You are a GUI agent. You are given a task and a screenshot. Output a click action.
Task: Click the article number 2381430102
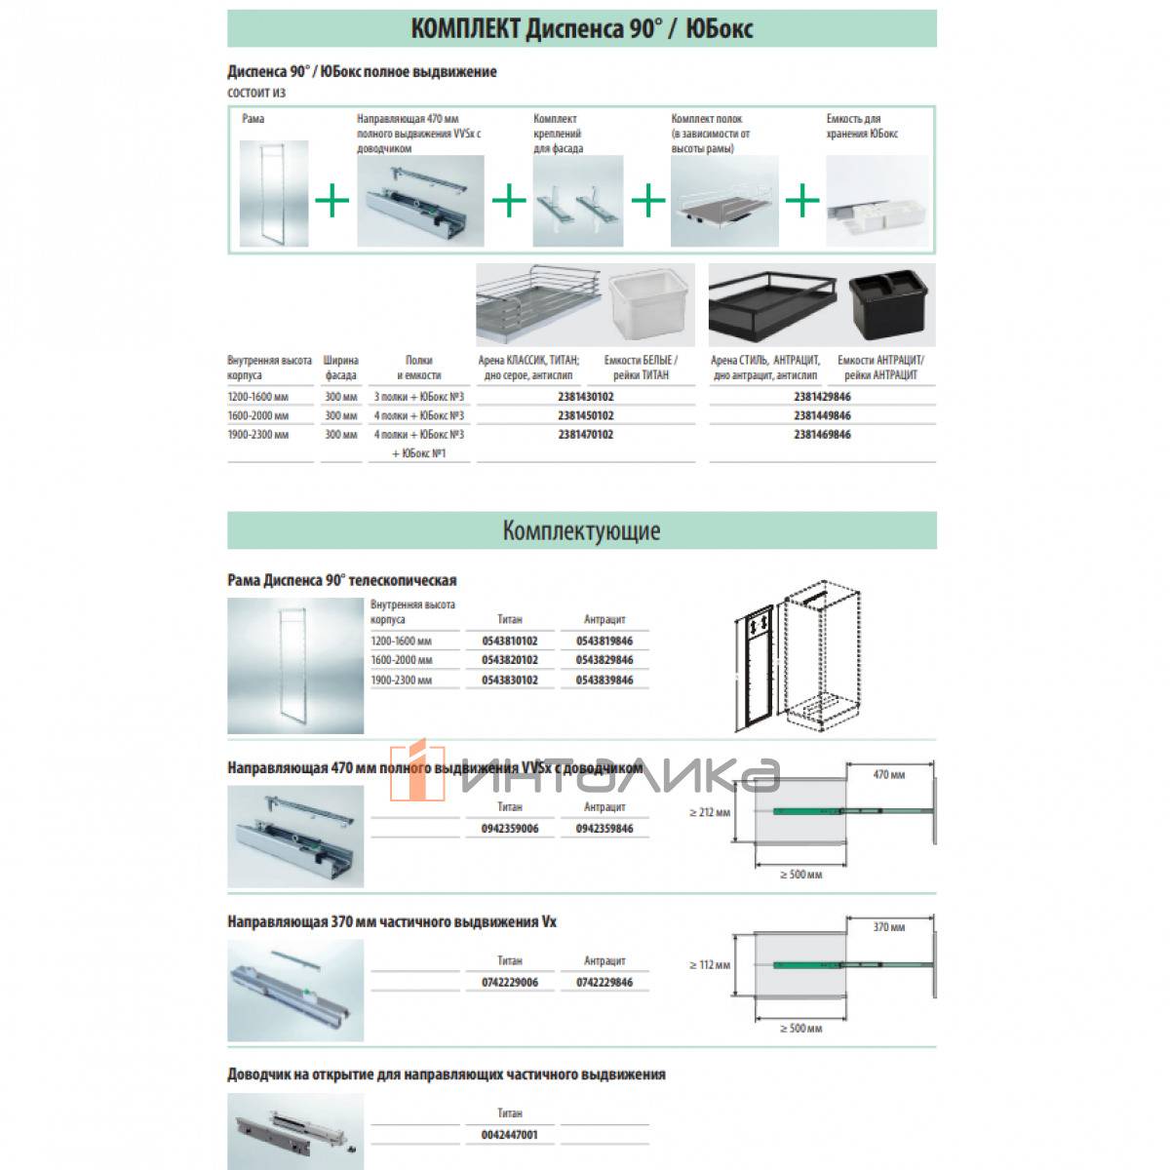[x=586, y=397]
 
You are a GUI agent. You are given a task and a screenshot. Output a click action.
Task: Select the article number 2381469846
[x=822, y=434]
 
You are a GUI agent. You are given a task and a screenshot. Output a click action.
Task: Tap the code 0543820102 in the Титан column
[x=509, y=660]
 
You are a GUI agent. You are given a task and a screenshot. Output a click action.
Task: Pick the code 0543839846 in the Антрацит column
[x=604, y=680]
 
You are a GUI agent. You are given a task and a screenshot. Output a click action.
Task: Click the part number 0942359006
[x=509, y=828]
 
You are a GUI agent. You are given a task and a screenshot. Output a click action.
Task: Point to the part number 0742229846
[x=604, y=982]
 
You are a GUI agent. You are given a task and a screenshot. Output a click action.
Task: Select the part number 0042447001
[x=509, y=1134]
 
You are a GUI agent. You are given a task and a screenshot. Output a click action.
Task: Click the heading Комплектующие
[x=581, y=530]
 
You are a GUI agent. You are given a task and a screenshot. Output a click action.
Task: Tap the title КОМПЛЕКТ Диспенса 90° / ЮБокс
[x=581, y=28]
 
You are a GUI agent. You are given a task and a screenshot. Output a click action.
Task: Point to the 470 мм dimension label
[x=888, y=775]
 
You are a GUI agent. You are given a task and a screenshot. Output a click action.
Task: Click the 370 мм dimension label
[x=888, y=927]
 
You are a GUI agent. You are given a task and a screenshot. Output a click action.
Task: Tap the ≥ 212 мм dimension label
[x=709, y=811]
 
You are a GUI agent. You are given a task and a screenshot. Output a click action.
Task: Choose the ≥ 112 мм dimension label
[x=709, y=964]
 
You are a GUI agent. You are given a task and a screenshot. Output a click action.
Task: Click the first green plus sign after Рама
[x=332, y=202]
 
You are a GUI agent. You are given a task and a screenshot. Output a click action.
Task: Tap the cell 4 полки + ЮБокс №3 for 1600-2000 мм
[x=419, y=415]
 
